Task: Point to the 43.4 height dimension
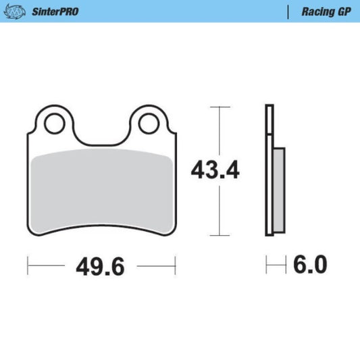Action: [x=215, y=171]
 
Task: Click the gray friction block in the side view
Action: [x=278, y=189]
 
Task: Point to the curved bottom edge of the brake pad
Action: [x=101, y=228]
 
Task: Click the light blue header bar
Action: [x=180, y=11]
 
